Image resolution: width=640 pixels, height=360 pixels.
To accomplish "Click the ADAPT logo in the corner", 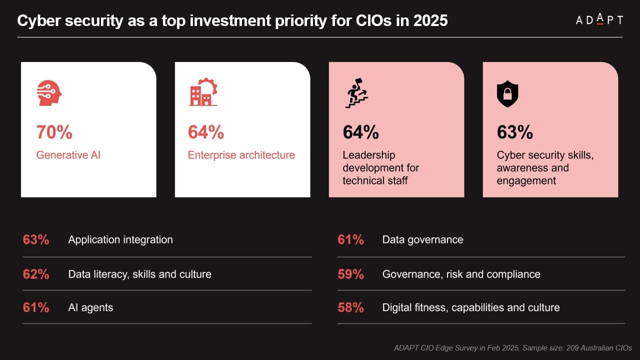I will pos(599,20).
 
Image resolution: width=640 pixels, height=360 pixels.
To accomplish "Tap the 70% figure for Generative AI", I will pos(54,132).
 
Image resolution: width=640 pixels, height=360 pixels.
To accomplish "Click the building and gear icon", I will pos(203,92).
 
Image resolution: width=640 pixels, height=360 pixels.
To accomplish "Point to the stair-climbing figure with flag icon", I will pos(356,93).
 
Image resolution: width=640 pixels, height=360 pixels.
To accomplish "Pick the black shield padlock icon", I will pos(507,93).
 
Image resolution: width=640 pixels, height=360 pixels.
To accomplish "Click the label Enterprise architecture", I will pos(241,155).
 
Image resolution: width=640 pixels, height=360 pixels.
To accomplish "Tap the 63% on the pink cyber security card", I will pos(514,132).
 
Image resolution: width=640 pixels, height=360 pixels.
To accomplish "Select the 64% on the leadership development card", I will pos(360,132).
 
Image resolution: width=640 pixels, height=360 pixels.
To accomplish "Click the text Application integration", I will pos(120,239).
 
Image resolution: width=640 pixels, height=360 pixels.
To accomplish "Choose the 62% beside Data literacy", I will pos(36,274).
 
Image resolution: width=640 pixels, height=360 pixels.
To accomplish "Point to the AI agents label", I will pos(90,307).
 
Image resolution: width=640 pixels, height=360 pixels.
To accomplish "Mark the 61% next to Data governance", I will pos(350,239).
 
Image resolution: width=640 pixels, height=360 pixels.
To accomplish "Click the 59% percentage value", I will pos(350,274).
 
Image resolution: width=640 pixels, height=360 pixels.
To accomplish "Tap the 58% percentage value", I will pos(350,307).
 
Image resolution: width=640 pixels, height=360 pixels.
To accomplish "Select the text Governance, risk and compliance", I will pos(461,274).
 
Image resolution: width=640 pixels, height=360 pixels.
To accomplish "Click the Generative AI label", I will pos(68,155).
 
